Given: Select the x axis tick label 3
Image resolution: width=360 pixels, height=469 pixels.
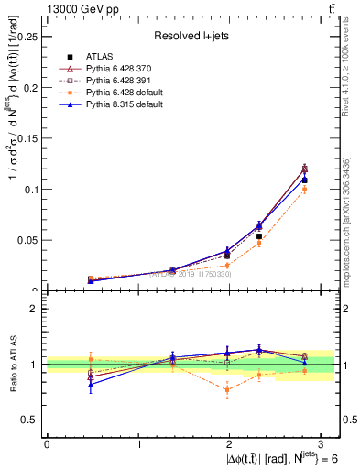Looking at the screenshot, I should pyautogui.click(x=322, y=444).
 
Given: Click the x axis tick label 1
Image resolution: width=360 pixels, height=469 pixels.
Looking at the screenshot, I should pyautogui.click(x=138, y=444).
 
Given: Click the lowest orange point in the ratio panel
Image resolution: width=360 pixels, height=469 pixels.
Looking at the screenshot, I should pyautogui.click(x=226, y=389).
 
